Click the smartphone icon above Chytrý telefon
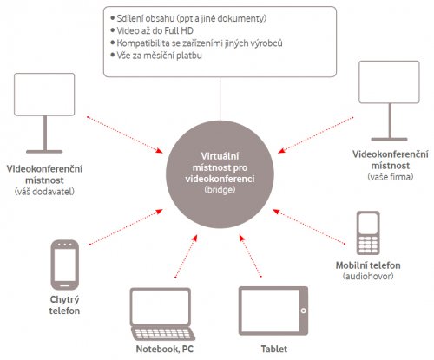[x=65, y=265]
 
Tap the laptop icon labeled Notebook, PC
[x=162, y=314]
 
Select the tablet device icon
[x=273, y=311]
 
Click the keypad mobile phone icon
[x=368, y=233]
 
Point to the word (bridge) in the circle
[x=220, y=190]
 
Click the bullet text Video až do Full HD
[x=155, y=30]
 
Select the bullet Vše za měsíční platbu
[x=159, y=56]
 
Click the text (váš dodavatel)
[x=44, y=192]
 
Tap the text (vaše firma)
[x=391, y=177]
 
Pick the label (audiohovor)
[x=368, y=276]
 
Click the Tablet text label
[x=274, y=349]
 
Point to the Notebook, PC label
[x=165, y=349]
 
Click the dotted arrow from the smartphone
[x=126, y=227]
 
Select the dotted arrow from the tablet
[x=250, y=256]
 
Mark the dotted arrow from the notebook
[x=187, y=256]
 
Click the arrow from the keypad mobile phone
[x=309, y=226]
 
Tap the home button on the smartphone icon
[x=65, y=285]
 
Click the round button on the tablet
[x=303, y=311]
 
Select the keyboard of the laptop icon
[x=162, y=334]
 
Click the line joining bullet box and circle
[x=220, y=99]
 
